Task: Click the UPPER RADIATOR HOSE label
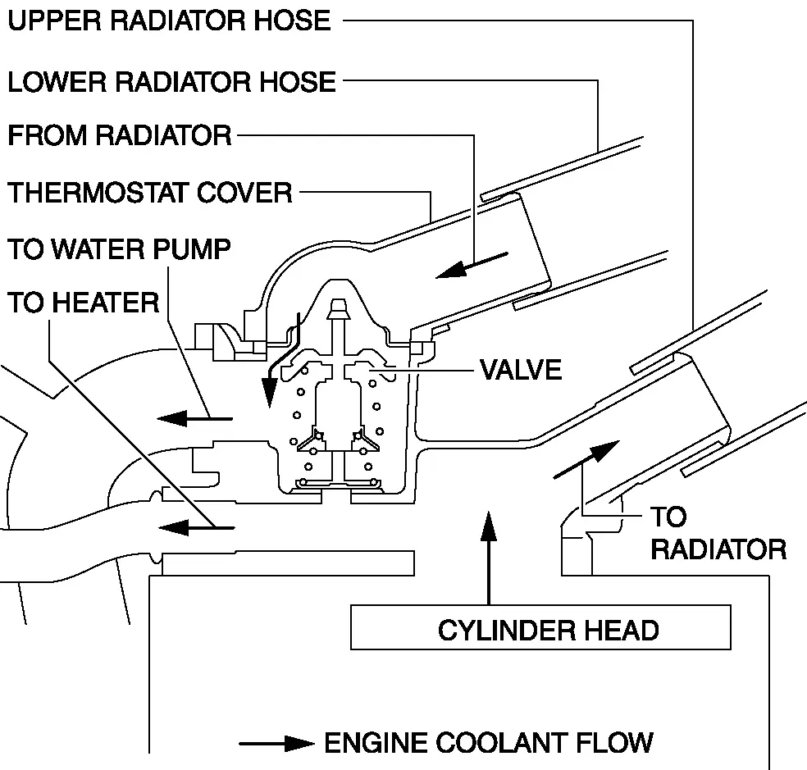(x=169, y=21)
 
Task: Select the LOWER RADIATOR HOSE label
(x=171, y=82)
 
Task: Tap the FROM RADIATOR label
(x=120, y=135)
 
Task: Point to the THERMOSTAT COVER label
(x=150, y=194)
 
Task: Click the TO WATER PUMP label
(x=120, y=249)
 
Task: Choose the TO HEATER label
(x=84, y=303)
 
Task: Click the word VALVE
(x=521, y=370)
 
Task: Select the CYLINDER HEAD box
(x=540, y=629)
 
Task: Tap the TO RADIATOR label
(x=718, y=533)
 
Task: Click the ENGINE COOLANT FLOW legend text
(x=489, y=743)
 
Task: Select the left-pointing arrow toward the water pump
(x=194, y=419)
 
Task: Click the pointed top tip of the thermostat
(x=338, y=305)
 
